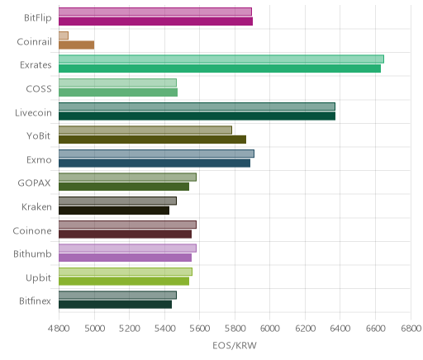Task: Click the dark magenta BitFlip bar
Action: click(155, 21)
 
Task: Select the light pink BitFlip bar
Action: click(155, 12)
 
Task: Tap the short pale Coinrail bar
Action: click(64, 36)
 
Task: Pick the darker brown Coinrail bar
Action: click(77, 45)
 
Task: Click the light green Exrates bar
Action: click(221, 59)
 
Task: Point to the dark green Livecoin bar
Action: click(197, 116)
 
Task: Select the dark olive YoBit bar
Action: click(152, 140)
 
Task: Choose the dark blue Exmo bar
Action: click(154, 163)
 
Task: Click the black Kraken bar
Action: click(114, 211)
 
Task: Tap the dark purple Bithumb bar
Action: click(125, 258)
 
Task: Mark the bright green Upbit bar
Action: click(124, 282)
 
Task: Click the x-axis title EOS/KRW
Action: click(235, 345)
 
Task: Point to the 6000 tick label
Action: click(270, 329)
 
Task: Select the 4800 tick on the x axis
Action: click(59, 329)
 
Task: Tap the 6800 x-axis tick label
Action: click(411, 329)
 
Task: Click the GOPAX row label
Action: click(34, 183)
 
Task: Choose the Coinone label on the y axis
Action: click(32, 230)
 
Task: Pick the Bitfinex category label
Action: click(35, 301)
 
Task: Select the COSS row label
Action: click(39, 89)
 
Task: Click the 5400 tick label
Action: click(164, 329)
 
